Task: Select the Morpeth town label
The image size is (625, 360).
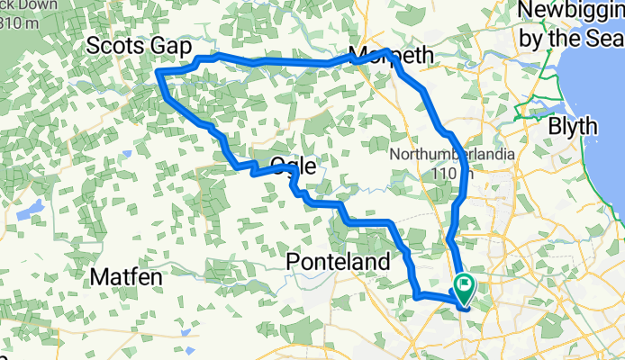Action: pyautogui.click(x=391, y=56)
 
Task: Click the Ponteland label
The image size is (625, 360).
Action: pyautogui.click(x=338, y=261)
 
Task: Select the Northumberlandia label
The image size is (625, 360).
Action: pyautogui.click(x=453, y=154)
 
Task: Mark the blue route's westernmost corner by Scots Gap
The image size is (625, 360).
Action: pyautogui.click(x=159, y=72)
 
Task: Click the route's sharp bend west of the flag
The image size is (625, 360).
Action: pyautogui.click(x=415, y=294)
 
